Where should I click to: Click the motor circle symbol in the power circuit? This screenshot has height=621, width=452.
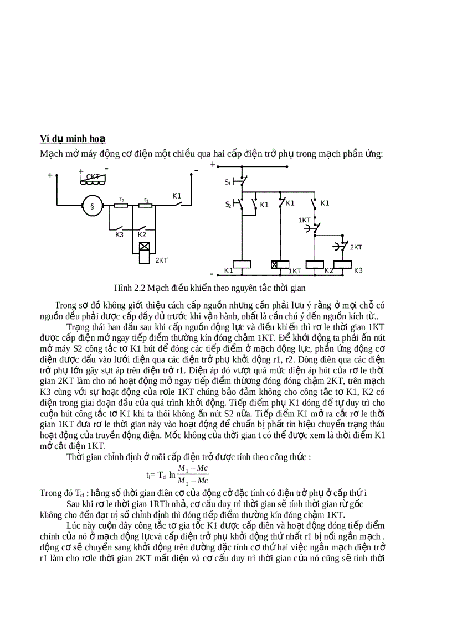pyautogui.click(x=93, y=206)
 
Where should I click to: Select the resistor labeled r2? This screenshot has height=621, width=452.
pyautogui.click(x=121, y=206)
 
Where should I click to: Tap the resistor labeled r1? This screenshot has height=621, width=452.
pyautogui.click(x=146, y=206)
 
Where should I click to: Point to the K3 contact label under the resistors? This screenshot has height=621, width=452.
pyautogui.click(x=119, y=235)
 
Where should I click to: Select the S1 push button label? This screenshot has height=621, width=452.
pyautogui.click(x=227, y=181)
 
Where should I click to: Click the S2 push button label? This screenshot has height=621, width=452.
pyautogui.click(x=227, y=205)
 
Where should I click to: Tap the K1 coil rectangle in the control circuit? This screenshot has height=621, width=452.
pyautogui.click(x=242, y=264)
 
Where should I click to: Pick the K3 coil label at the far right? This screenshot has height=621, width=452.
pyautogui.click(x=358, y=270)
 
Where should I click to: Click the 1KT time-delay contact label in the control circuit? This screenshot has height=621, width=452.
pyautogui.click(x=304, y=220)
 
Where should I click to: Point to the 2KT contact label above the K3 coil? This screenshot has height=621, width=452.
pyautogui.click(x=356, y=247)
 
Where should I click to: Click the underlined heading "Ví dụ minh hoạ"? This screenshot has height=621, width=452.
pyautogui.click(x=73, y=138)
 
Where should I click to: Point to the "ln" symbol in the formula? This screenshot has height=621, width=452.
pyautogui.click(x=172, y=474)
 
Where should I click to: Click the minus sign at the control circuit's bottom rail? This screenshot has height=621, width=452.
pyautogui.click(x=211, y=273)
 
